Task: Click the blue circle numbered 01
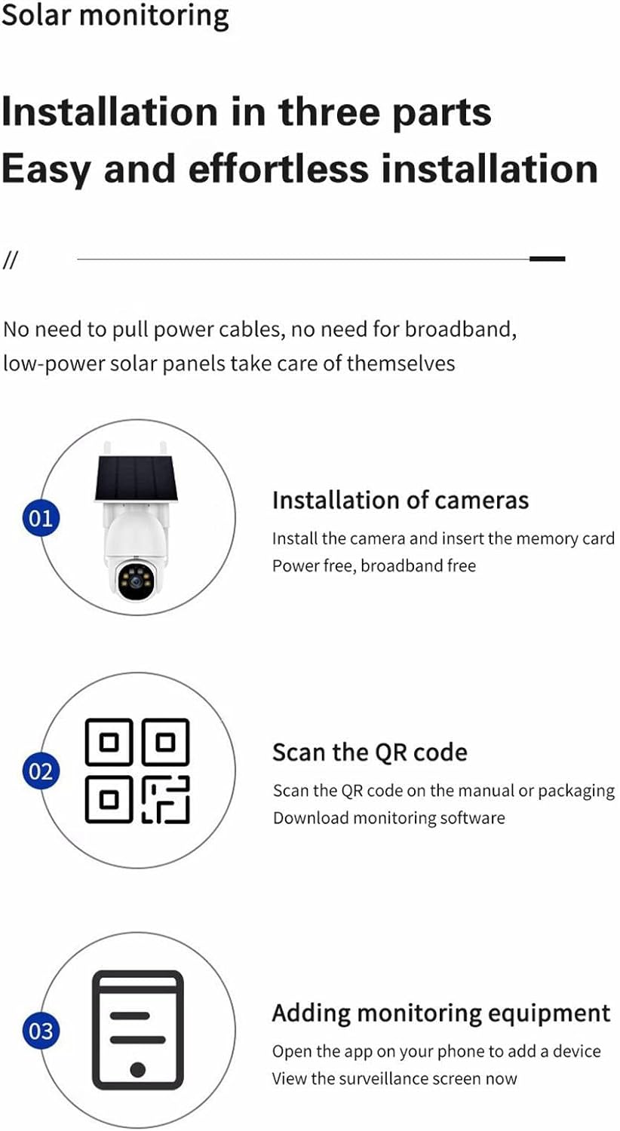tap(41, 518)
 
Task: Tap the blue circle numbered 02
tap(41, 771)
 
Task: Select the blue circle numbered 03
tap(41, 1031)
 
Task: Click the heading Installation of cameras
tap(401, 501)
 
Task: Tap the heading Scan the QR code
tap(370, 752)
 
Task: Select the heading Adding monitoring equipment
tap(441, 1013)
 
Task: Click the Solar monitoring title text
tap(115, 16)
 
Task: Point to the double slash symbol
tap(10, 260)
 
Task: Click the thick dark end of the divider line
tap(548, 259)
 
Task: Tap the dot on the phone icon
tap(138, 1069)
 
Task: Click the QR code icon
tap(137, 771)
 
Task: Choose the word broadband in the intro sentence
tap(460, 329)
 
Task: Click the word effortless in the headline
tap(278, 169)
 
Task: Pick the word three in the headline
tap(328, 112)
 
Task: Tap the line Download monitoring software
tap(388, 818)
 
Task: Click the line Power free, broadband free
tap(374, 565)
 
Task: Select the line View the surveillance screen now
tap(394, 1078)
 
